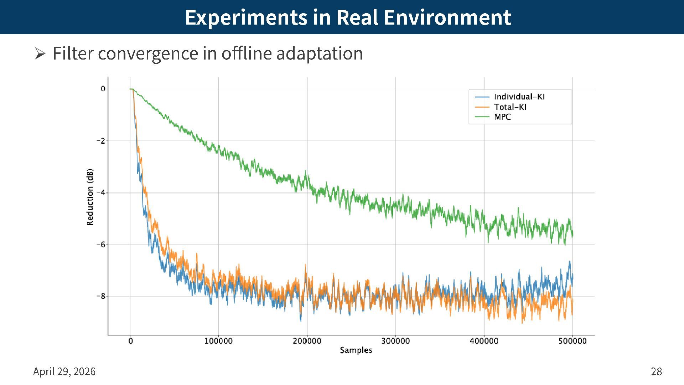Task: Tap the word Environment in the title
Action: point(447,17)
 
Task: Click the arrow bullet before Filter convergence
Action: point(40,54)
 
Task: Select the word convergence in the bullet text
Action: point(148,53)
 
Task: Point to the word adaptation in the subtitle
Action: point(319,53)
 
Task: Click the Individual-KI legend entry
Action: point(519,97)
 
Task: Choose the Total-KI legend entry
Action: point(510,107)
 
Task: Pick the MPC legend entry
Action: point(502,117)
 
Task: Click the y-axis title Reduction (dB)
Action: point(90,197)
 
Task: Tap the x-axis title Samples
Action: point(356,350)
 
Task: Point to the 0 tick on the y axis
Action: point(103,89)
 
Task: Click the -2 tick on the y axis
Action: point(102,141)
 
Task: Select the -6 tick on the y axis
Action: point(102,245)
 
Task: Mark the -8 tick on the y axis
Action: point(102,296)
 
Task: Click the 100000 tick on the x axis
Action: point(218,341)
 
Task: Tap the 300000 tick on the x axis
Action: point(395,341)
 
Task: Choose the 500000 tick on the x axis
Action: point(572,341)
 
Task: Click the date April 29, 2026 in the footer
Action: point(64,371)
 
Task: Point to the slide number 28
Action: point(656,371)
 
